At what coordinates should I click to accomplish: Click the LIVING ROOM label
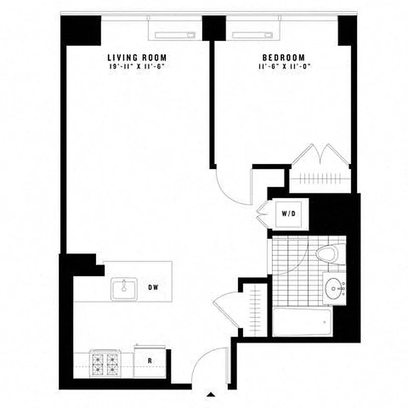137,58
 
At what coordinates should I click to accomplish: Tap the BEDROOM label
284,58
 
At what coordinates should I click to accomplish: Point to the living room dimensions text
137,66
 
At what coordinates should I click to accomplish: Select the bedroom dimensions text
284,66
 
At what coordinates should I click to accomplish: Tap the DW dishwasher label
154,287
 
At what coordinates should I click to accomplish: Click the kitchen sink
124,289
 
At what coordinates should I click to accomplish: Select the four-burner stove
105,363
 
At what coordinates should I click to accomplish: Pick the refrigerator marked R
150,361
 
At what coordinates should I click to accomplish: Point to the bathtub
302,322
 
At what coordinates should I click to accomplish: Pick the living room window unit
171,35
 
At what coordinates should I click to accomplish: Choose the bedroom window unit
253,35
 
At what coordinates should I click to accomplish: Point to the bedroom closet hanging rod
320,178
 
